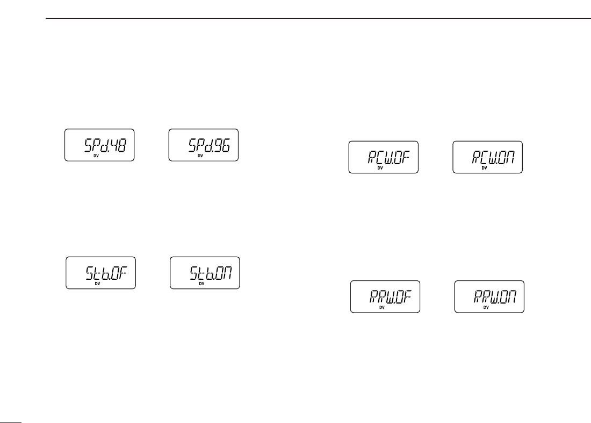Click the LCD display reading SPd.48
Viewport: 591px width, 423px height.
point(99,145)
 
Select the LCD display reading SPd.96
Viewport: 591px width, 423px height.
point(203,145)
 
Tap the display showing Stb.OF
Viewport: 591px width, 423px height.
point(100,273)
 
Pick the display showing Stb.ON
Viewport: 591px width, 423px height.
point(205,273)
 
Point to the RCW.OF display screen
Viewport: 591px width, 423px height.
point(383,157)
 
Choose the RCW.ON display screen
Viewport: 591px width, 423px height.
point(487,157)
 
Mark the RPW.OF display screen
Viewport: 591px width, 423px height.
point(385,297)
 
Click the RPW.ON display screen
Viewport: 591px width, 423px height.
point(489,297)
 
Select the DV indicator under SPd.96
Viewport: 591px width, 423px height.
point(200,156)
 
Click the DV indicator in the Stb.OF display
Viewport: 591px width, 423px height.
point(97,284)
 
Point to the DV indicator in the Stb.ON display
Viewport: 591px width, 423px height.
point(201,284)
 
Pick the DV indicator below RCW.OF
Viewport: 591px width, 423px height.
point(380,168)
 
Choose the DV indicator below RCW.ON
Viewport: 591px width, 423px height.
point(484,168)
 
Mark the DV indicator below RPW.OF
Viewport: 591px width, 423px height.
point(381,307)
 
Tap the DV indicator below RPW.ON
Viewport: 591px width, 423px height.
point(486,307)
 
